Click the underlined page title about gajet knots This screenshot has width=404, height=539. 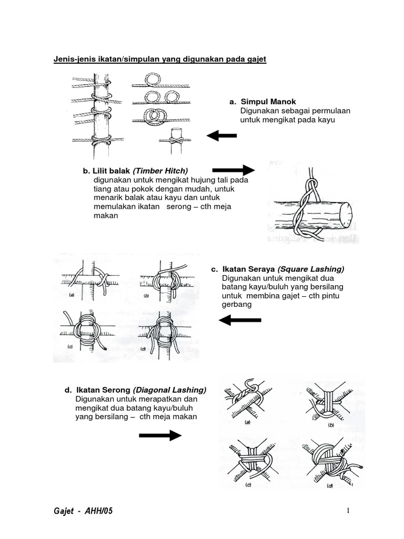point(160,60)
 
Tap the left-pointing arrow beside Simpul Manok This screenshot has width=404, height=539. point(221,136)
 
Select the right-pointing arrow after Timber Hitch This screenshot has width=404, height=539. point(233,170)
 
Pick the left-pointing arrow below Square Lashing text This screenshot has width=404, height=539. point(239,320)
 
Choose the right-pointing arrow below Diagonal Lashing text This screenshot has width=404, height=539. point(160,435)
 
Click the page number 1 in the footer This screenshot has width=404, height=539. point(348,511)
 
